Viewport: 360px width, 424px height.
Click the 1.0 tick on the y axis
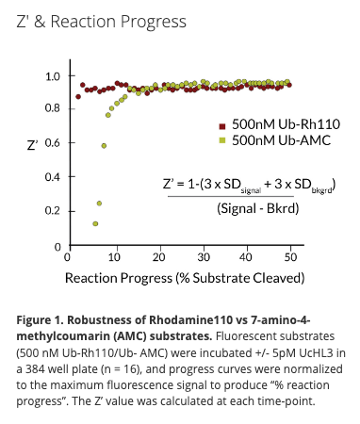(53, 76)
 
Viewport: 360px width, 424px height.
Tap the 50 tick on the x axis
(292, 256)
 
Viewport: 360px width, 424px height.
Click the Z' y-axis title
(33, 145)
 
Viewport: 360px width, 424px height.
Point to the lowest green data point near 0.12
(95, 223)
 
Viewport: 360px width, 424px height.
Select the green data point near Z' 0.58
(104, 145)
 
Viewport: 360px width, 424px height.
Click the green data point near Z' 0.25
(99, 203)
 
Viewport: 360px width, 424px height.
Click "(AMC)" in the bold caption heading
(130, 334)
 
